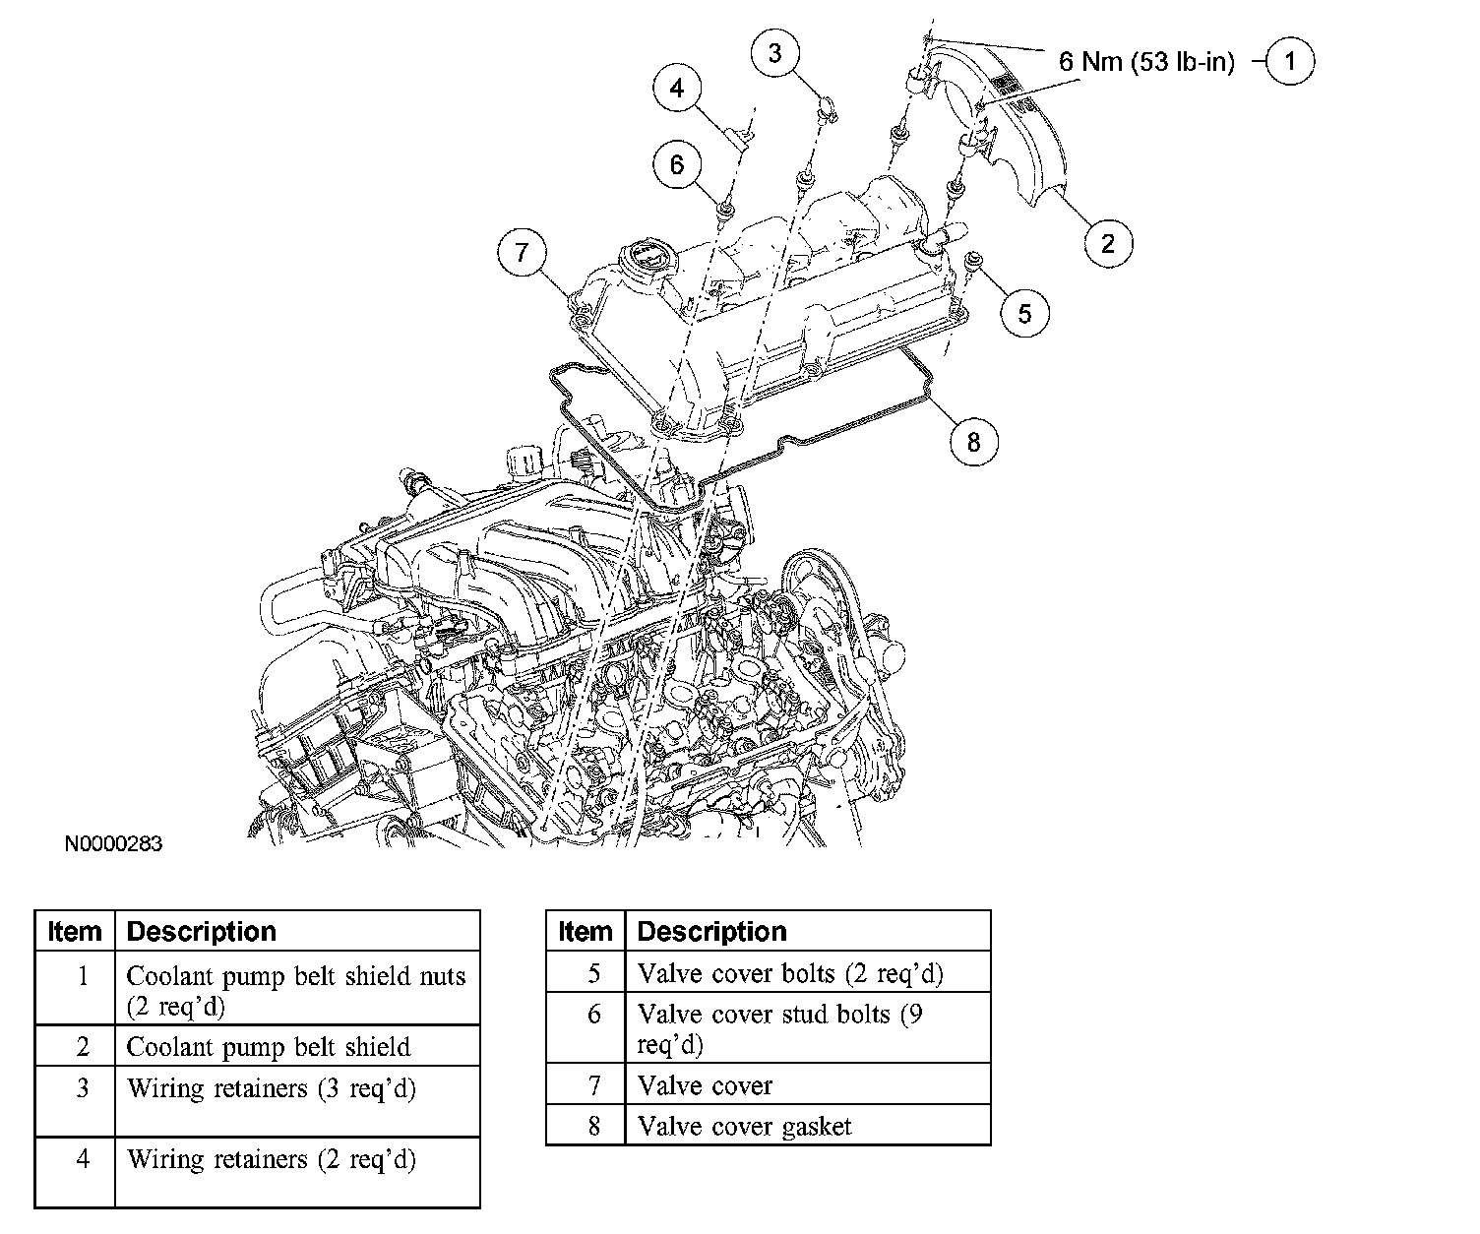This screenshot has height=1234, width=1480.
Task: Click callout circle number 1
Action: point(1289,62)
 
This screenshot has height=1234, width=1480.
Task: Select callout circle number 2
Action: point(1108,242)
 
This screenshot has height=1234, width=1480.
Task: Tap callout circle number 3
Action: point(775,52)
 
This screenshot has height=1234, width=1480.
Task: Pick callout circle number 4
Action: point(677,89)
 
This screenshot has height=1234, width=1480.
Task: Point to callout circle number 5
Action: point(1024,313)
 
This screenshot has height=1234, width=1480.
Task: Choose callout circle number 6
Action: point(677,163)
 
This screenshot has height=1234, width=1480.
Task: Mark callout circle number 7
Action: point(522,253)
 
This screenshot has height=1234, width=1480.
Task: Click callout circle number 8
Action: point(973,442)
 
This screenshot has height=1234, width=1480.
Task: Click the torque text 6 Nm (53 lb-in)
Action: point(1145,62)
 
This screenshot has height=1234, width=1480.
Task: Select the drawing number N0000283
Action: point(113,844)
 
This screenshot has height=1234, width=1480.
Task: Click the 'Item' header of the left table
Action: point(75,931)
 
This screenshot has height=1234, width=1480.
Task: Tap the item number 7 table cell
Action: point(593,1084)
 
